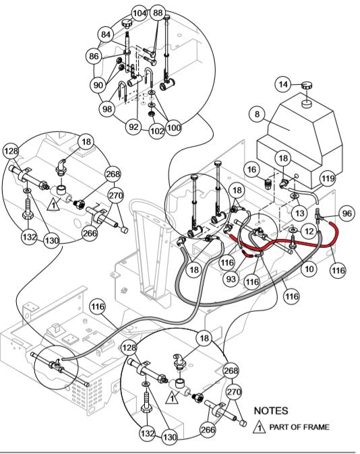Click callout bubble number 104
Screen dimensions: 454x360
139,13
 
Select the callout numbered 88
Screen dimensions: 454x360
158,13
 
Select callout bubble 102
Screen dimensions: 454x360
156,132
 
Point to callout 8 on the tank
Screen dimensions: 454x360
256,115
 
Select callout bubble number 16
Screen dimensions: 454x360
251,169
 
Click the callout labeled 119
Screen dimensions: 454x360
327,179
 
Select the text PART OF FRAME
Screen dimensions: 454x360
299,426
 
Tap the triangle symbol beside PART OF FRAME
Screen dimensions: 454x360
258,426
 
